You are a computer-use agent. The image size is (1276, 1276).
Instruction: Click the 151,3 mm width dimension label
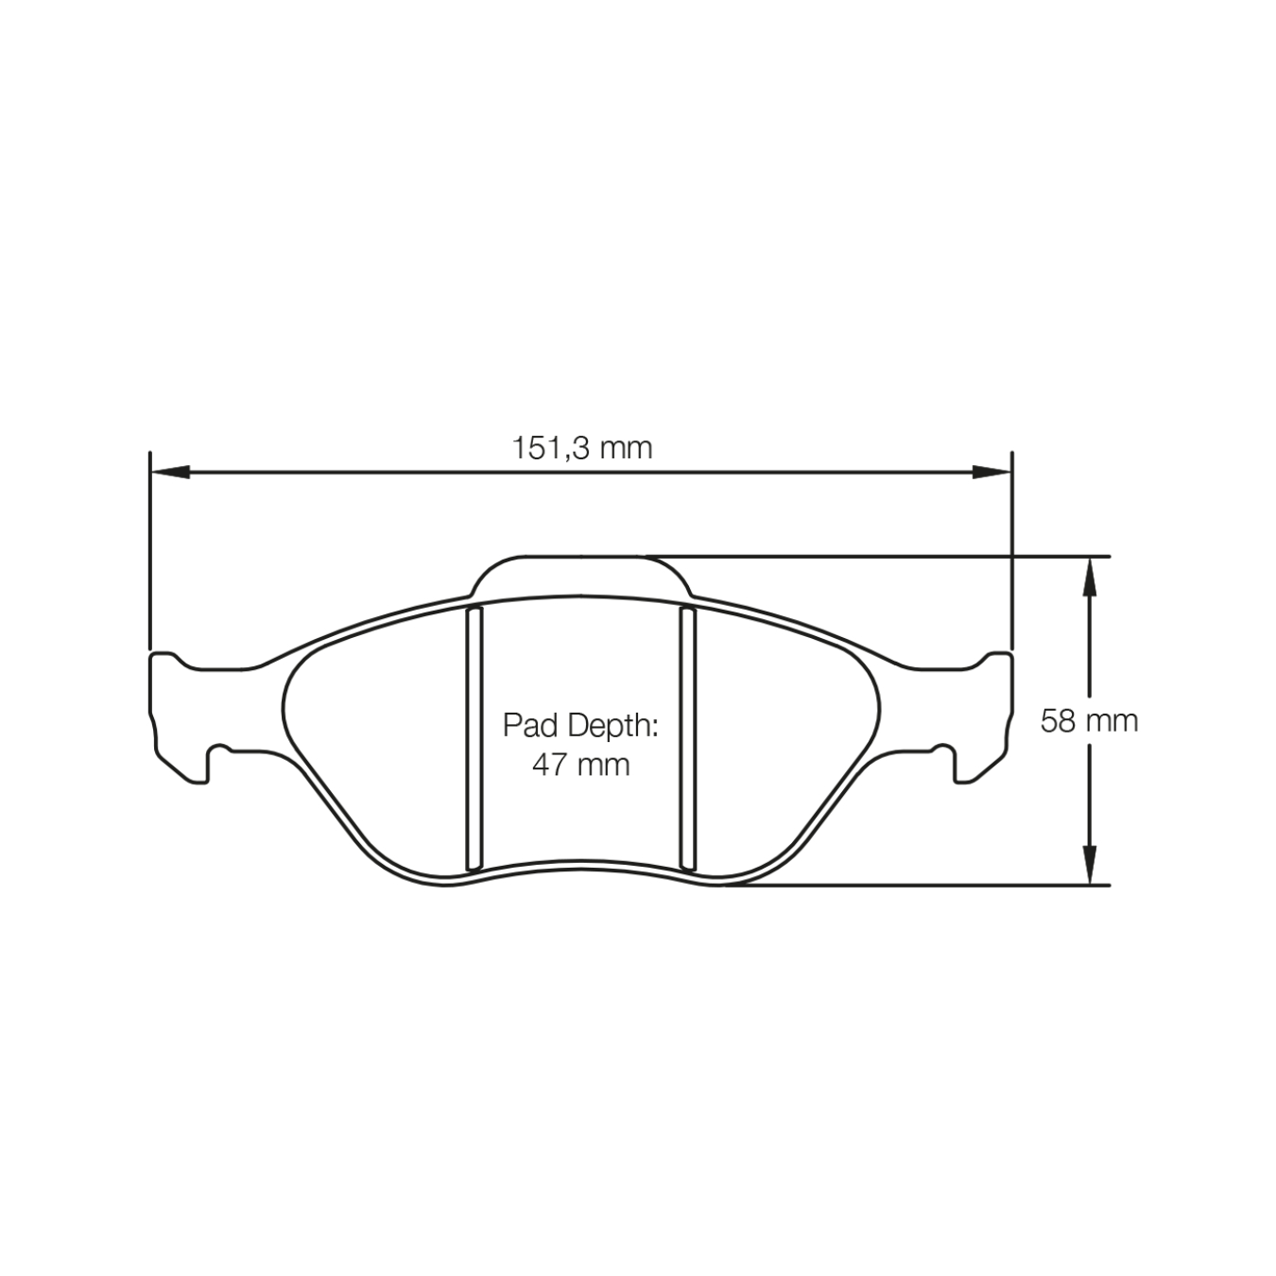click(x=581, y=447)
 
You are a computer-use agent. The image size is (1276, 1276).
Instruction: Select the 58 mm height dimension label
click(x=1089, y=721)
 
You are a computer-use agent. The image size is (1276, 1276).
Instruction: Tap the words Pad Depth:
click(x=579, y=726)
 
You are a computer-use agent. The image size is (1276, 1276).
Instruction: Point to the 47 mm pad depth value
click(x=579, y=764)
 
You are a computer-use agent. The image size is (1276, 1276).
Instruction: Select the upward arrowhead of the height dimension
click(x=1089, y=576)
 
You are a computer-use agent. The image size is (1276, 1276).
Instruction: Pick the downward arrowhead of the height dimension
click(x=1089, y=865)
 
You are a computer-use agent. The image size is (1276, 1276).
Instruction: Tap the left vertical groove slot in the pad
click(x=474, y=738)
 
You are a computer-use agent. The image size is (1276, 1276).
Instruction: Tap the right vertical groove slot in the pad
click(x=688, y=738)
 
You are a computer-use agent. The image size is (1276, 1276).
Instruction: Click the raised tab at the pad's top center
click(x=580, y=576)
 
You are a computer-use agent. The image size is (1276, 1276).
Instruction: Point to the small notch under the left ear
click(x=219, y=751)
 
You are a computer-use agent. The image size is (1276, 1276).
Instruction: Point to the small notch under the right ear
click(x=942, y=751)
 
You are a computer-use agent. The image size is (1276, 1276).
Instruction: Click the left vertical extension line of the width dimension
click(x=150, y=548)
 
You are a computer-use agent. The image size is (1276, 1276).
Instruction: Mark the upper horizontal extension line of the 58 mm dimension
click(x=879, y=556)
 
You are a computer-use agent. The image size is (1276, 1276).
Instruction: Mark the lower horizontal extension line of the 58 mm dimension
click(x=917, y=886)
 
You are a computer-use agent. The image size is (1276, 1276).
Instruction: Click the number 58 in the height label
click(x=1058, y=721)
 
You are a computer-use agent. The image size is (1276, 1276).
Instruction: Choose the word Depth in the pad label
click(x=612, y=726)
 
